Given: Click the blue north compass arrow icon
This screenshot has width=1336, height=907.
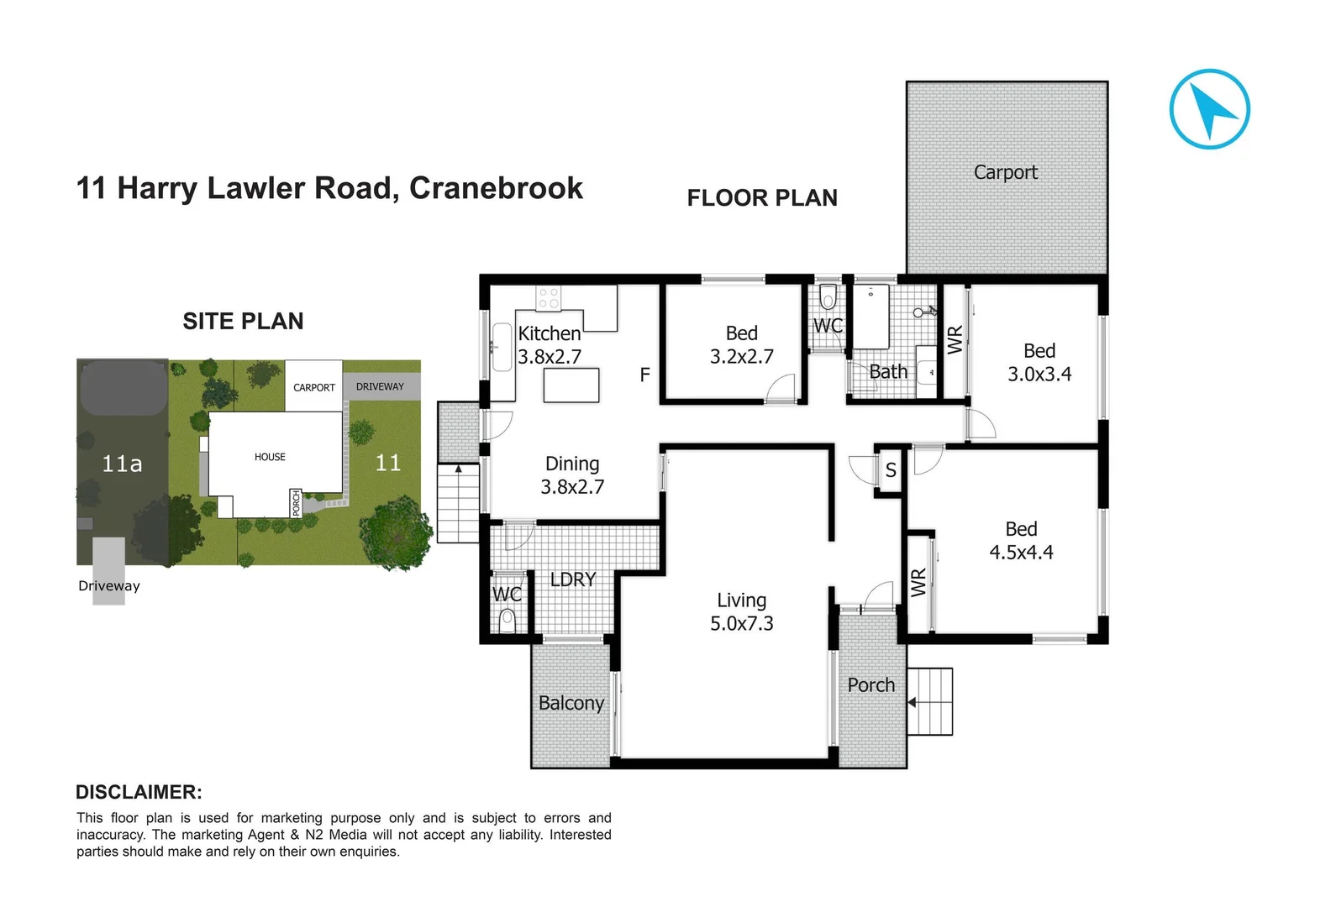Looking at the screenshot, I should (1209, 109).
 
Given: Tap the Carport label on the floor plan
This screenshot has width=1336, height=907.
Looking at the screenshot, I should (1005, 172).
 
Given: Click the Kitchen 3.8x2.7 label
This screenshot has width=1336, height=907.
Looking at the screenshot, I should (550, 345).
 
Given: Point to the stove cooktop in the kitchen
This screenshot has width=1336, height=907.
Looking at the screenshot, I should (549, 297).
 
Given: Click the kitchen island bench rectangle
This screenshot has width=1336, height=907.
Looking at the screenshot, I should (571, 385).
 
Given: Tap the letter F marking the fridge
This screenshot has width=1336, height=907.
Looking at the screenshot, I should (644, 375).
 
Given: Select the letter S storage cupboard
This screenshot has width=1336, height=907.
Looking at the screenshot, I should (890, 471).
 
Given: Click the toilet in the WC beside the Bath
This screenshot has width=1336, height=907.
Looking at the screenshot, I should (828, 298).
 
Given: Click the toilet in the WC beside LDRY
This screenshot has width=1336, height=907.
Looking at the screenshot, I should (507, 621).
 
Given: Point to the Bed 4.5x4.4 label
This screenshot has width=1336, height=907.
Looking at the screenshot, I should (1021, 540).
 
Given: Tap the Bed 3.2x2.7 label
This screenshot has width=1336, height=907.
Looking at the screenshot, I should (741, 345).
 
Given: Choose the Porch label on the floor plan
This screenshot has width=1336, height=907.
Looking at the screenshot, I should (871, 685).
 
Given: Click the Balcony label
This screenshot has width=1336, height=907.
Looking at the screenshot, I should (571, 703).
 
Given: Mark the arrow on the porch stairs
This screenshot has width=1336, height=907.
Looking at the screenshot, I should (913, 702).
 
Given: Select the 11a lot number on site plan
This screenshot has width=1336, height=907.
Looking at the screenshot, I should (122, 464).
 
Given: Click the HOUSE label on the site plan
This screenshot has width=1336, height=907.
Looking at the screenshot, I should (270, 457).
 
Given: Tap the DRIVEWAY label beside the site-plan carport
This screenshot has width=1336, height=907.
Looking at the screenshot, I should (380, 387).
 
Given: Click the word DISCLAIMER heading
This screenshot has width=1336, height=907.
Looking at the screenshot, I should (139, 792).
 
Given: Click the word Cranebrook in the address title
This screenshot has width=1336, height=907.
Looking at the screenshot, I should (496, 188).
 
